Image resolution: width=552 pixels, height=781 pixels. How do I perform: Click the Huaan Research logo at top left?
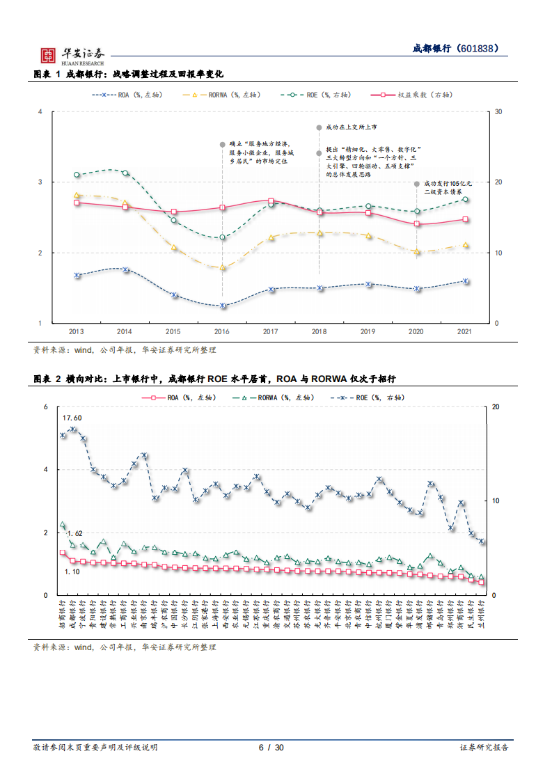click(70, 55)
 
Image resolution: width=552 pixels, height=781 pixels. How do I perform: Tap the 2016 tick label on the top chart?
click(222, 332)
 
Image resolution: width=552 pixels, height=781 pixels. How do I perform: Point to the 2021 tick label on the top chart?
click(466, 332)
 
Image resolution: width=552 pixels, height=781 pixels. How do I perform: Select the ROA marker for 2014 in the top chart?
click(125, 269)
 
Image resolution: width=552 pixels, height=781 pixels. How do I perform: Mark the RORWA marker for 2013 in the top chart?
click(77, 196)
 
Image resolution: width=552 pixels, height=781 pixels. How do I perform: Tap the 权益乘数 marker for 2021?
click(466, 219)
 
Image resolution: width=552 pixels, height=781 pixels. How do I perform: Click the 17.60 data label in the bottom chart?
click(72, 418)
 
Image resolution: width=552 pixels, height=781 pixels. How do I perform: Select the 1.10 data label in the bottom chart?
click(72, 571)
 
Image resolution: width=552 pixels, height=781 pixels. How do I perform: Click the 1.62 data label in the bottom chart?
click(75, 533)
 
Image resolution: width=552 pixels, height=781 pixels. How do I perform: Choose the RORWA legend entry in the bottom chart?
click(268, 398)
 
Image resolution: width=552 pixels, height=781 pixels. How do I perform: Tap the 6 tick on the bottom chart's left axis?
click(45, 407)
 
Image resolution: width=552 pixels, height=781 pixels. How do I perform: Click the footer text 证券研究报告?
click(484, 748)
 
